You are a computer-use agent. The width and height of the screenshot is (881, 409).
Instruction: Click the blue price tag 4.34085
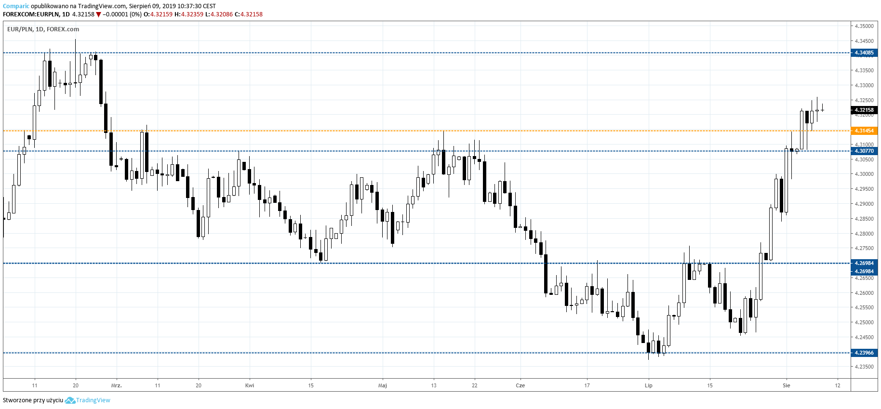[x=864, y=53]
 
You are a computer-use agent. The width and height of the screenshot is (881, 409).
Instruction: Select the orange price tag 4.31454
[x=864, y=131]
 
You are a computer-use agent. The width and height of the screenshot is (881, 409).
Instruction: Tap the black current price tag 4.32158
[x=864, y=110]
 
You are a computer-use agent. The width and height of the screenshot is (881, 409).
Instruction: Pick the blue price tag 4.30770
[x=864, y=151]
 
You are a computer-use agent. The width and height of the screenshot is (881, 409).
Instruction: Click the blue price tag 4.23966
[x=864, y=353]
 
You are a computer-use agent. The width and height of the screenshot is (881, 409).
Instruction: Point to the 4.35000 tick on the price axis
[x=864, y=26]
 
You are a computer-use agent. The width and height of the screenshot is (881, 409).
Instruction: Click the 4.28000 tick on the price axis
[x=864, y=234]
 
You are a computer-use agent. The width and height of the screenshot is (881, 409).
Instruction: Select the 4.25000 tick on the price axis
[x=864, y=322]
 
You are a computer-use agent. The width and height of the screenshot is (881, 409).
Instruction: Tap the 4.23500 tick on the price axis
[x=864, y=367]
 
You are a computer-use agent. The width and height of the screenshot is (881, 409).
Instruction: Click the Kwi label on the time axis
[x=250, y=385]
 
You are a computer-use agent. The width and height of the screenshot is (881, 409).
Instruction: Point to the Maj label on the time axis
[x=383, y=385]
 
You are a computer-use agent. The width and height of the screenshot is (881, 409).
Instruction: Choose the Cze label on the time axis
[x=520, y=385]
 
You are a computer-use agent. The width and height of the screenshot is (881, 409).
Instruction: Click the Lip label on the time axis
[x=649, y=385]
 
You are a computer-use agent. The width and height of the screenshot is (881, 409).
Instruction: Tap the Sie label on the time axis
[x=787, y=385]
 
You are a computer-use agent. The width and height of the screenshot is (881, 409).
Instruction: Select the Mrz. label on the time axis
[x=117, y=385]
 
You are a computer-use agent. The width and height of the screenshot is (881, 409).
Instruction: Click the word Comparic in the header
[x=16, y=6]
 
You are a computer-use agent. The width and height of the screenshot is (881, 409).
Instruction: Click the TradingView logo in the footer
[x=88, y=400]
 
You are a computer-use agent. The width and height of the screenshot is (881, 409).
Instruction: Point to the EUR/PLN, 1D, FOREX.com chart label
[x=43, y=29]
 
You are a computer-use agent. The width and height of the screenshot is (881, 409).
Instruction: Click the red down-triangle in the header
[x=98, y=14]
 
